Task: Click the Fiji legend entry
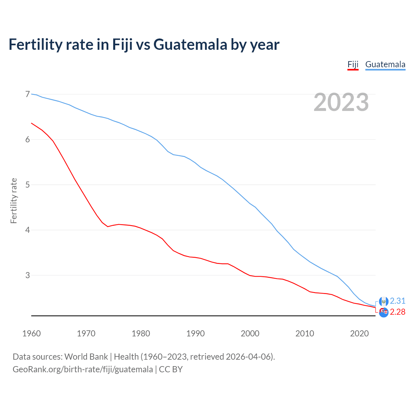pyautogui.click(x=353, y=64)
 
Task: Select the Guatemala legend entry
pyautogui.click(x=385, y=64)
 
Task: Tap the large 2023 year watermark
pyautogui.click(x=341, y=102)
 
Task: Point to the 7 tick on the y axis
pyautogui.click(x=27, y=94)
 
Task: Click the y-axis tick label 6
pyautogui.click(x=27, y=139)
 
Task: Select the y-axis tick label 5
pyautogui.click(x=27, y=185)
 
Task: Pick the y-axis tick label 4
pyautogui.click(x=27, y=230)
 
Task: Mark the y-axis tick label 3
pyautogui.click(x=27, y=275)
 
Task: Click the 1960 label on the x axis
pyautogui.click(x=31, y=333)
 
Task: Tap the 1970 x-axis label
pyautogui.click(x=86, y=333)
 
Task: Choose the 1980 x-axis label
pyautogui.click(x=141, y=333)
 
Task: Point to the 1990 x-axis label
pyautogui.click(x=195, y=333)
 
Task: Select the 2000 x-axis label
pyautogui.click(x=250, y=333)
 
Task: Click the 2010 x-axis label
pyautogui.click(x=305, y=333)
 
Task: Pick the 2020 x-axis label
pyautogui.click(x=359, y=333)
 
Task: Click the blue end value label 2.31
pyautogui.click(x=398, y=301)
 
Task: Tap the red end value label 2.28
pyautogui.click(x=398, y=312)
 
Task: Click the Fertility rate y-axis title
pyautogui.click(x=14, y=201)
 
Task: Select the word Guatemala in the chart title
pyautogui.click(x=190, y=44)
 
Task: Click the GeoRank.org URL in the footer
pyautogui.click(x=83, y=369)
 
